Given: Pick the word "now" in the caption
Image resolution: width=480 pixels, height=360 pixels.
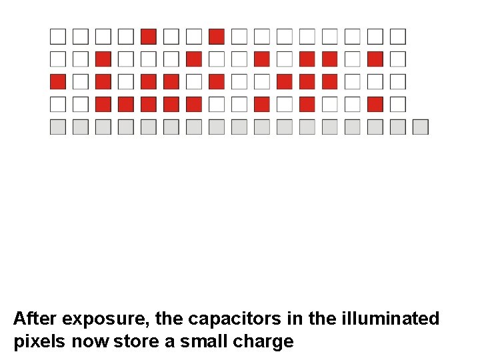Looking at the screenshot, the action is pos(91,342).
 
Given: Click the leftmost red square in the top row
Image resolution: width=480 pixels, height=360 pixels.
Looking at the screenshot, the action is pos(149,36).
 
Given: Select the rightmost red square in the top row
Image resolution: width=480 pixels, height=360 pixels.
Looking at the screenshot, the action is pos(217,36).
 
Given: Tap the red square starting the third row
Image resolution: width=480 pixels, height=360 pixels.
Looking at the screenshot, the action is pos(58,81).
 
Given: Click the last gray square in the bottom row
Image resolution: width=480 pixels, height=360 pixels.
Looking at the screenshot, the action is pos(420,127).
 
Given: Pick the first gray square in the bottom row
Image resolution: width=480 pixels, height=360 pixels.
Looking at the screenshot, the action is pos(58,127).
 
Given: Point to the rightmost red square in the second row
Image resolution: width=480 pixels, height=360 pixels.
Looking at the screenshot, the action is pos(375,59).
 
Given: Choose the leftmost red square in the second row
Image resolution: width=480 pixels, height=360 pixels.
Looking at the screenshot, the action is pos(103,59).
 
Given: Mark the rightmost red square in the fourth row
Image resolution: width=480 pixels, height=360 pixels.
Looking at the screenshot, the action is pos(375,104).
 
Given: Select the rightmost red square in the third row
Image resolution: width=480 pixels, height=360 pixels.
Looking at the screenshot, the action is pos(330,81).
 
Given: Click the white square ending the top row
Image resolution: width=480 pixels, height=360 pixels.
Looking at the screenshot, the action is pos(398,36).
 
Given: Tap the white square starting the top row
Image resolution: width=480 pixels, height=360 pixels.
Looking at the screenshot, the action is pos(58,36).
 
